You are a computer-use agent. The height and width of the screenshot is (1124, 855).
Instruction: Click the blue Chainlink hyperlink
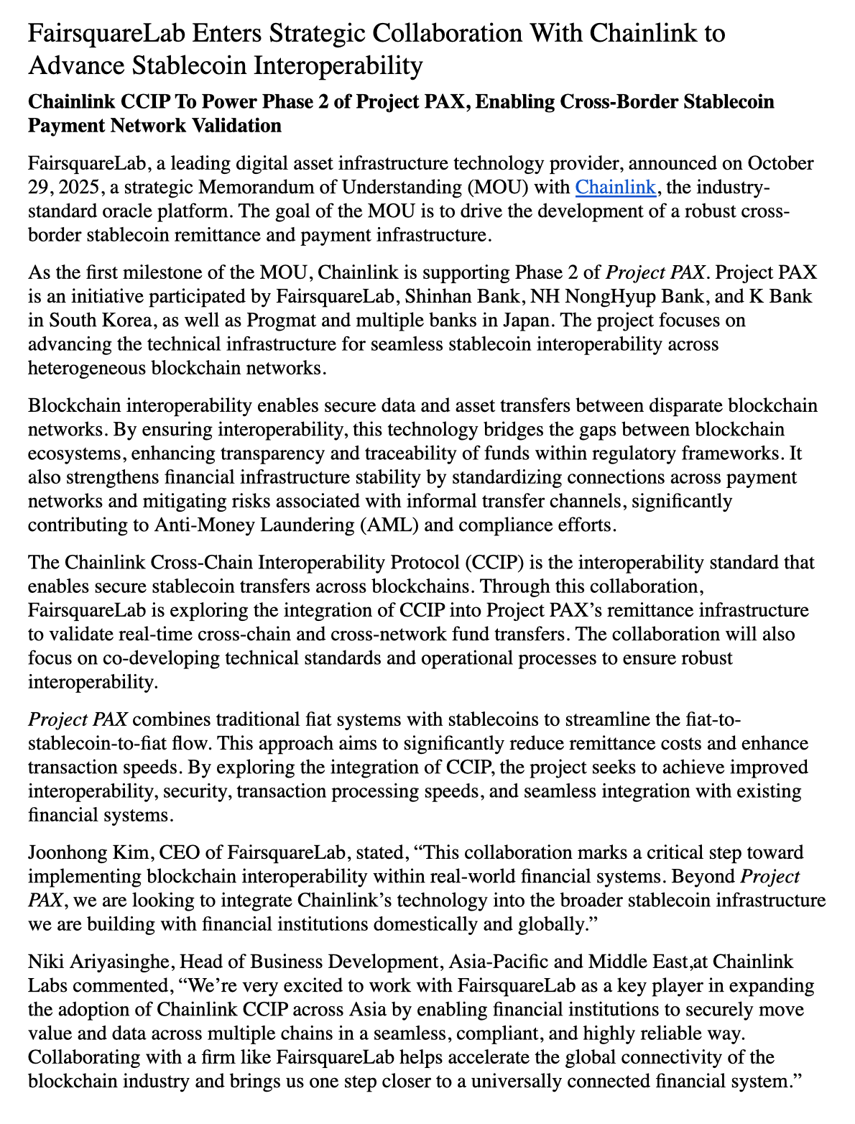click(x=616, y=188)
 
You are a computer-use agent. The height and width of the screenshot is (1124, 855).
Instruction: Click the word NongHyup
click(x=605, y=296)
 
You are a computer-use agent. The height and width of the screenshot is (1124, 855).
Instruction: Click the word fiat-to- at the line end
click(x=700, y=720)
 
